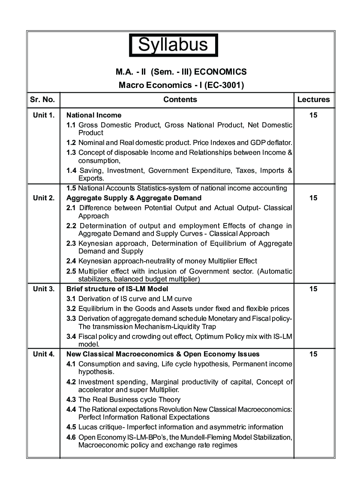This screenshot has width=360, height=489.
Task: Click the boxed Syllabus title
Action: pos(174,45)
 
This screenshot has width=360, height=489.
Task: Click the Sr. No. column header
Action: pos(42,100)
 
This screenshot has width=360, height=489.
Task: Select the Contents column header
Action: pos(180,100)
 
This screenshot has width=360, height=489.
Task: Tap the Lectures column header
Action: pos(313,100)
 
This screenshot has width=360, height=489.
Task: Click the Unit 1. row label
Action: pos(44,115)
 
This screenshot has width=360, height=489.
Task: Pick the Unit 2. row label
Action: pos(44,198)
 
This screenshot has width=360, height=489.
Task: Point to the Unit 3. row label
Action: pos(44,289)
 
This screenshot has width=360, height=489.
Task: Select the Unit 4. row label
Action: pos(44,354)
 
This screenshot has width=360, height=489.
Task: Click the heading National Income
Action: pos(94,115)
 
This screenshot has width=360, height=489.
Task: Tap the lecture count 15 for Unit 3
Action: pos(313,289)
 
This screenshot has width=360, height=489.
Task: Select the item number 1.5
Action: pos(71,188)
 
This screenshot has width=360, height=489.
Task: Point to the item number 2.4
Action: pos(71,261)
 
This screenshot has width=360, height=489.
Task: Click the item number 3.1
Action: pos(71,299)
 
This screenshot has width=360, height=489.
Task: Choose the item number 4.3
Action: pos(71,399)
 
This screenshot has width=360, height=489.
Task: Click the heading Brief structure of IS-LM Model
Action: pos(117,289)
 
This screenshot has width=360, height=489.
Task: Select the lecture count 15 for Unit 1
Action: pos(313,115)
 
